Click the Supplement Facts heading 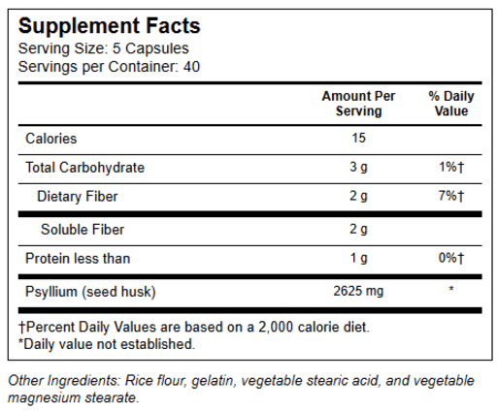tap(110, 26)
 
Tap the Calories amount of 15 tap(358, 138)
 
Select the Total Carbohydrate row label tap(84, 168)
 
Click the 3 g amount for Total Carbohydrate tap(358, 168)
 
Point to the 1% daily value tap(451, 167)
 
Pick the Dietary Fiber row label tap(77, 197)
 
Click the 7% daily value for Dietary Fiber tap(451, 196)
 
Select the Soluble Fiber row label tap(83, 230)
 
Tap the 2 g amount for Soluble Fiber tap(358, 230)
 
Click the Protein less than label tap(78, 259)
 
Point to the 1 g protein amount tap(359, 259)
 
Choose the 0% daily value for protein tap(451, 258)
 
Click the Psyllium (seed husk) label tap(90, 292)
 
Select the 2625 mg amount tap(358, 291)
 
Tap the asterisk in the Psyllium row tap(451, 289)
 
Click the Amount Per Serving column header tap(358, 104)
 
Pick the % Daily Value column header tap(451, 104)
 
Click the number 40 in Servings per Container tap(191, 67)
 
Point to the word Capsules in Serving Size tap(157, 48)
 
